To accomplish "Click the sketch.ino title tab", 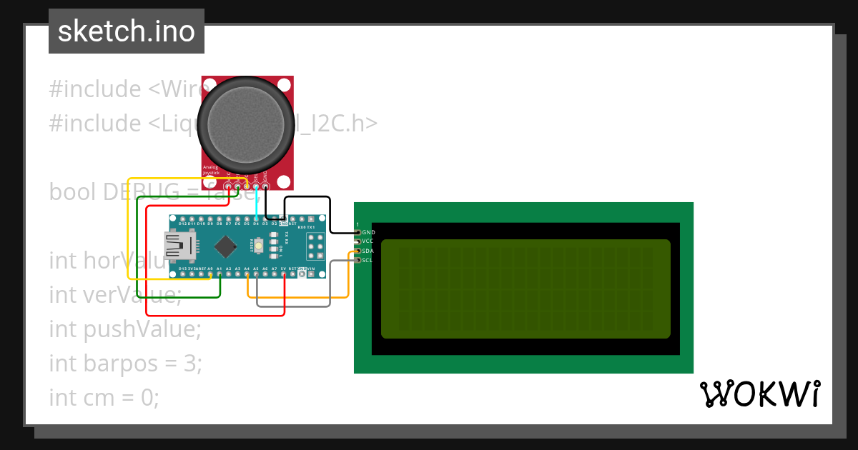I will tap(127, 31).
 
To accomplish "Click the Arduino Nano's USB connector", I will tap(178, 246).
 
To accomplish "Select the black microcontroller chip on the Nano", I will tap(227, 246).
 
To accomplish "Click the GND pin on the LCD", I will tap(358, 232).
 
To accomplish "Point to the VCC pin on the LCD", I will tap(358, 241).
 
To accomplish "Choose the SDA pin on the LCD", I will tap(358, 251).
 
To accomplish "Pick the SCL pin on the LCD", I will tap(358, 260).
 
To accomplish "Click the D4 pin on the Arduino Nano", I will tap(256, 218).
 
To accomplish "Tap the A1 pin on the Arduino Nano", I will tap(219, 275).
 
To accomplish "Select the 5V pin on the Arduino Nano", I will tap(284, 275).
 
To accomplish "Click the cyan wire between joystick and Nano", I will tap(256, 204).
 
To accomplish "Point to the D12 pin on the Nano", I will tap(182, 218).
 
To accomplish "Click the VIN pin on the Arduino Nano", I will tap(312, 275).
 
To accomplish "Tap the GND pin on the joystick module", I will tap(265, 187).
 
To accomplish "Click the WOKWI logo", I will tap(759, 394).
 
